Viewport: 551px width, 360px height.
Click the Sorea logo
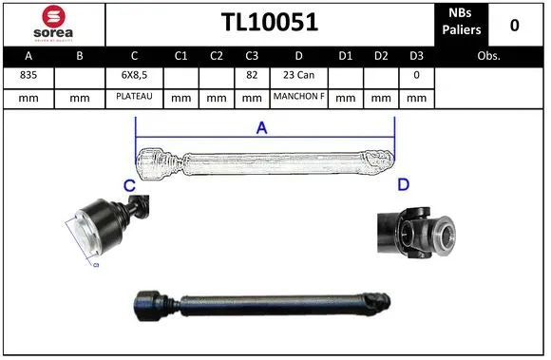tap(53, 23)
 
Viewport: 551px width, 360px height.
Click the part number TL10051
tap(269, 23)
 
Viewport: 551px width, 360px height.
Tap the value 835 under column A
tap(28, 74)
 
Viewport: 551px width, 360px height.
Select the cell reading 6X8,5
tap(134, 74)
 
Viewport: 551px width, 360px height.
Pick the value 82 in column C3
tap(252, 74)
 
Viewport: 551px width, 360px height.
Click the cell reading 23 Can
tap(298, 74)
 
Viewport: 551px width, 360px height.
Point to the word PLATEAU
tap(134, 97)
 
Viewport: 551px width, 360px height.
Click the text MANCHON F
tap(298, 97)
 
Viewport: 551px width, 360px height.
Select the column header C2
tap(217, 56)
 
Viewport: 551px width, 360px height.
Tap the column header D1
tap(346, 56)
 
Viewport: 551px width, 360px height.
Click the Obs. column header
tap(489, 56)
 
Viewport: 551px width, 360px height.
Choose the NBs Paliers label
tap(462, 23)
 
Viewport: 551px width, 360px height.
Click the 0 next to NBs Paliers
tap(515, 24)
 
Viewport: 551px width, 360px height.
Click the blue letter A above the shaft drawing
tap(262, 128)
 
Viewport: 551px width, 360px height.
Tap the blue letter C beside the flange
tap(129, 185)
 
